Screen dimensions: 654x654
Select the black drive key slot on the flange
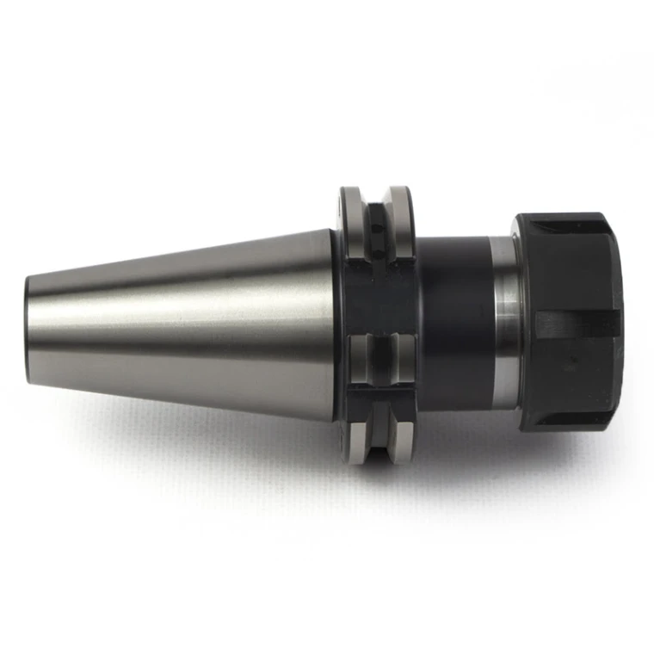376,297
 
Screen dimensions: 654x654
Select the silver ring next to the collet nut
506,324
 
